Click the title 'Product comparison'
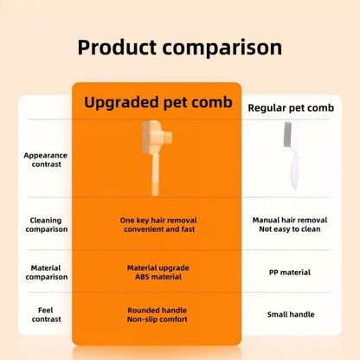179,47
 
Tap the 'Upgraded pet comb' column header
158,102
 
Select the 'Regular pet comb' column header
291,107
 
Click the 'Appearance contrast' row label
45,160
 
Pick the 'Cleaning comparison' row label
45,225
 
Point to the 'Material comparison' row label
45,272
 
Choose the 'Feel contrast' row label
45,314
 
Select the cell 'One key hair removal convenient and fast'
157,225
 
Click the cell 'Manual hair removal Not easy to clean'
290,225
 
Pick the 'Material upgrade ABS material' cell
157,272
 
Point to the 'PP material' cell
290,272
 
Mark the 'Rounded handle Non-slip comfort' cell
157,314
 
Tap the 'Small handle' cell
290,314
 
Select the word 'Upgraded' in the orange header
120,102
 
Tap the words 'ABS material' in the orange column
157,277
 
